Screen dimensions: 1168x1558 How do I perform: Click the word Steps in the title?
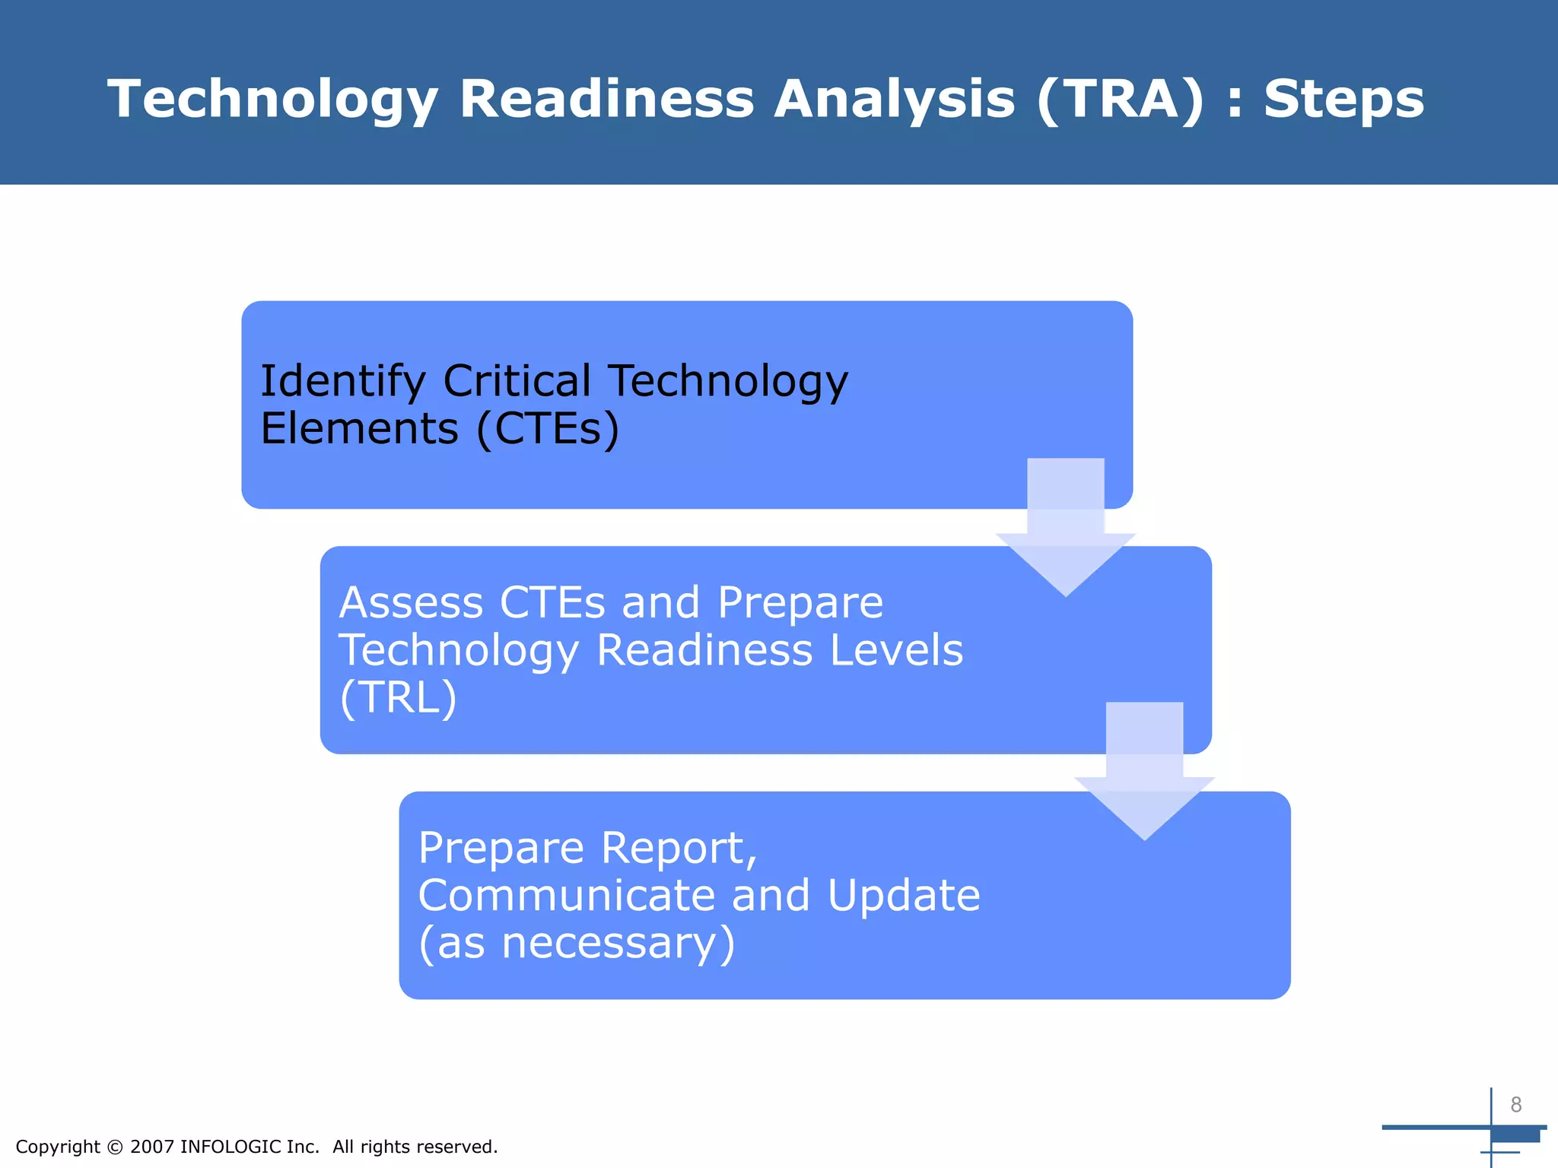tap(1343, 100)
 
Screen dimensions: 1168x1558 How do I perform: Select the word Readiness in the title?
tap(606, 100)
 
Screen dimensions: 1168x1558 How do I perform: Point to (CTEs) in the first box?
tap(548, 429)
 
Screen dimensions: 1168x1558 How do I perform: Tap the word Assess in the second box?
tap(410, 603)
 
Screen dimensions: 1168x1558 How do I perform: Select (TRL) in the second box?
tap(398, 697)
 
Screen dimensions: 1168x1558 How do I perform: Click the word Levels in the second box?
tap(896, 650)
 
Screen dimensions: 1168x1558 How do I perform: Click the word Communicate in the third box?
tap(566, 895)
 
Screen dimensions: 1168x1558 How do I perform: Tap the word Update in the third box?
tap(904, 895)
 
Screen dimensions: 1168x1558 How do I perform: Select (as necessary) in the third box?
tap(577, 943)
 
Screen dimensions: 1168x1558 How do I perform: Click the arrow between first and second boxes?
tap(1065, 532)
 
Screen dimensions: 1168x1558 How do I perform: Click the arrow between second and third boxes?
tap(1144, 776)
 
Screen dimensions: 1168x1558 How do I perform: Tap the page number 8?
tap(1515, 1105)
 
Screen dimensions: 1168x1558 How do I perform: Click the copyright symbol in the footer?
tap(115, 1147)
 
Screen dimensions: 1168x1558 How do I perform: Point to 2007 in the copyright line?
tap(152, 1147)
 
